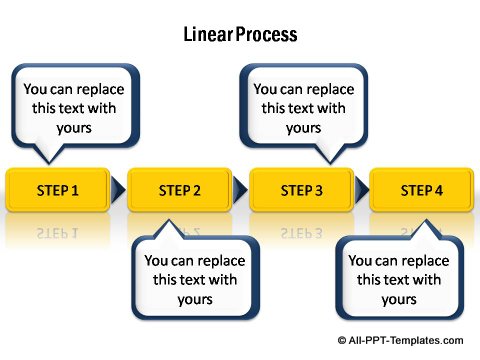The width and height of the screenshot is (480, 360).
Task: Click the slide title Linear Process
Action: pyautogui.click(x=240, y=35)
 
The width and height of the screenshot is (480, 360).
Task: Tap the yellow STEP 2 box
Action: pyautogui.click(x=180, y=190)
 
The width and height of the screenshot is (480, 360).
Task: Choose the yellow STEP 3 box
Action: pyautogui.click(x=301, y=190)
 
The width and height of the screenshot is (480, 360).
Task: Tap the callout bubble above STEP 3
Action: pyautogui.click(x=303, y=108)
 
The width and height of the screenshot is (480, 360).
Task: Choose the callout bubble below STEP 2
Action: pyautogui.click(x=195, y=279)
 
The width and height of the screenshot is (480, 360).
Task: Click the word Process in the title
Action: pyautogui.click(x=269, y=35)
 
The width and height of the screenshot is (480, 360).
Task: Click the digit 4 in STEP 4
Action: pyautogui.click(x=438, y=190)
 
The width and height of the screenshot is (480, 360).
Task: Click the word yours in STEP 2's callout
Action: pyautogui.click(x=195, y=299)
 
